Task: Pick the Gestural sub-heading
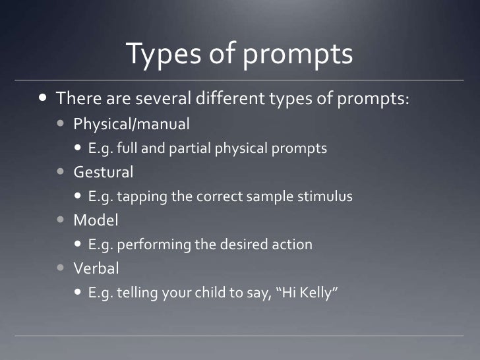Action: pyautogui.click(x=104, y=172)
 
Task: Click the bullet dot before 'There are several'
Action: pyautogui.click(x=43, y=99)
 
